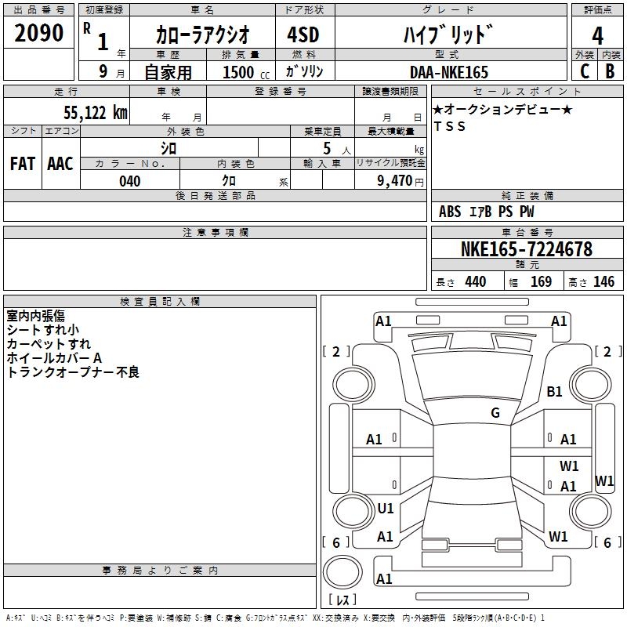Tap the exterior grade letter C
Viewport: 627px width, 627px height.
584,71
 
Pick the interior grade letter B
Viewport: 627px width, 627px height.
610,71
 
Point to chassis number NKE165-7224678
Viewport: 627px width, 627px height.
527,250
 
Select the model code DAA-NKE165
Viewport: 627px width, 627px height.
448,72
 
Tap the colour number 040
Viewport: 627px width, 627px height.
130,181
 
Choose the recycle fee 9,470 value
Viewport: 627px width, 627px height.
392,181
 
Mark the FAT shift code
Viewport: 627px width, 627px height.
23,163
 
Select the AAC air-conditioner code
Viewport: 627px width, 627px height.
60,163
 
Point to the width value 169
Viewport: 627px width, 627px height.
542,282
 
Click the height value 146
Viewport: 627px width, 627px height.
603,282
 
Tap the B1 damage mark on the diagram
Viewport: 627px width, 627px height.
555,392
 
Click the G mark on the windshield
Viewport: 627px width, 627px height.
495,413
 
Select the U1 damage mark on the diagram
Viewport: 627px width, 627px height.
386,509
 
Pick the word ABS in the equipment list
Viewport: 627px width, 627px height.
450,212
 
